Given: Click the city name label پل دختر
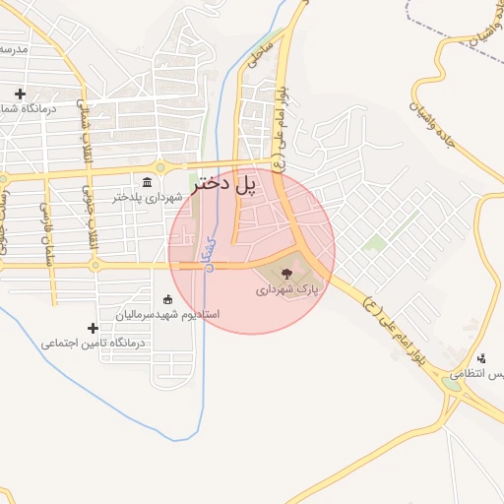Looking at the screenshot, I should point(236,183).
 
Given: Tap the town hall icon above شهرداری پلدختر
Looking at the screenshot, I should point(148,182).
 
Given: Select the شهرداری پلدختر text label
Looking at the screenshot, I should point(148,197).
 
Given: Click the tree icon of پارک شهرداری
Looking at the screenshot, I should point(286,275).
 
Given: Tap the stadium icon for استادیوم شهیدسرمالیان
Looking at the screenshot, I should point(166,299).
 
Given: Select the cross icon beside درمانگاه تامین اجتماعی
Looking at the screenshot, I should point(94,328).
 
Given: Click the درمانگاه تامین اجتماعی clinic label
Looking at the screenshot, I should point(94,344).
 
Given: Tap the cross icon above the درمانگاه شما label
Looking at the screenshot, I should point(20,94).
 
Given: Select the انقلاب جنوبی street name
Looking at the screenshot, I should point(87,206).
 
